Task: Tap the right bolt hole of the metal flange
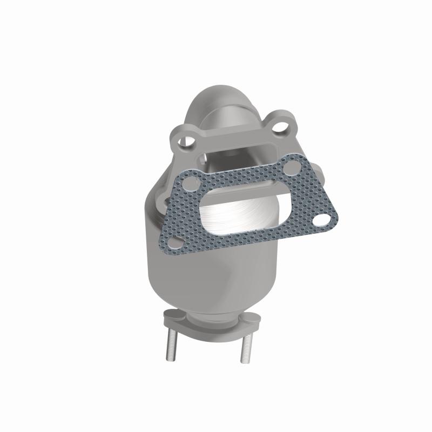pyautogui.click(x=280, y=126)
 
